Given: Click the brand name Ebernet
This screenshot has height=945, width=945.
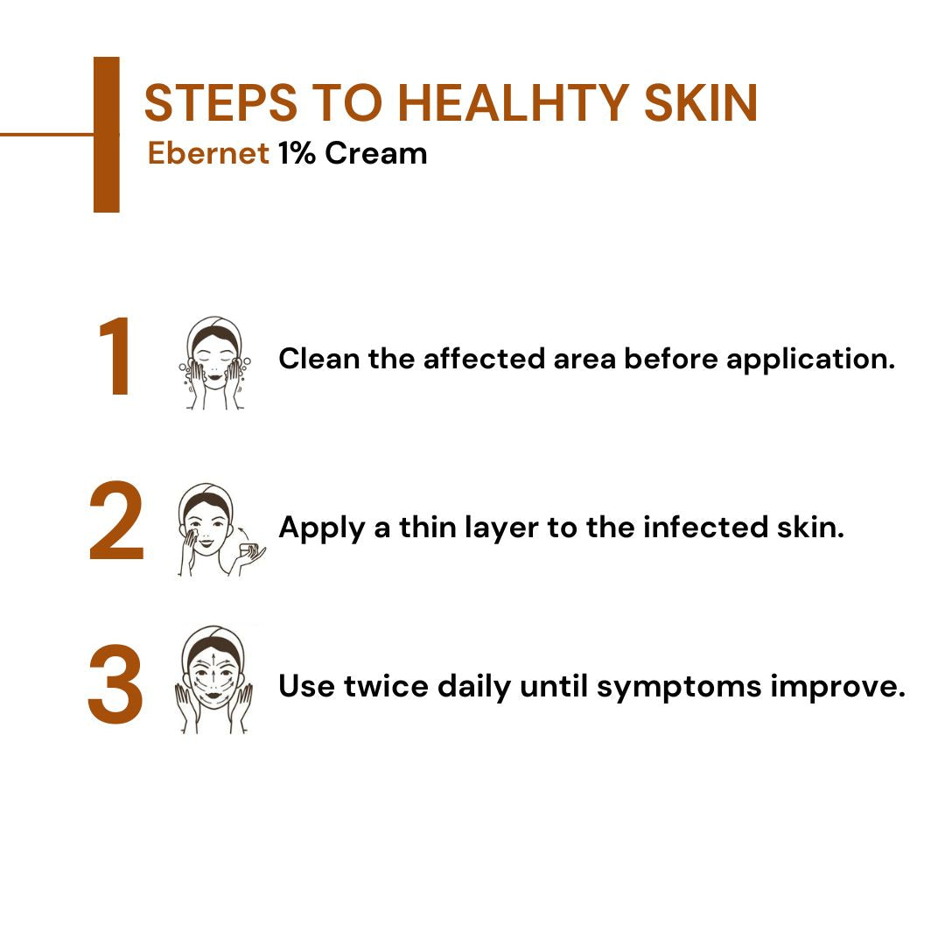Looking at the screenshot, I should (208, 153).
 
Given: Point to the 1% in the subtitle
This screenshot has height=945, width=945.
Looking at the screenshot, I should (297, 153).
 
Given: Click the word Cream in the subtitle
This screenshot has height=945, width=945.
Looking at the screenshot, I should (376, 153).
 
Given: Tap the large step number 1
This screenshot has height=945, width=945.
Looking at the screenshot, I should (115, 359).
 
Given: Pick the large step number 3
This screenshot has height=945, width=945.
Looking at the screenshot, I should (115, 686).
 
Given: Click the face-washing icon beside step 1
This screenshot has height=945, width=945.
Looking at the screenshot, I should (213, 363).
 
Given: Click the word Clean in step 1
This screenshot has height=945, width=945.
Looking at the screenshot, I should (319, 359).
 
